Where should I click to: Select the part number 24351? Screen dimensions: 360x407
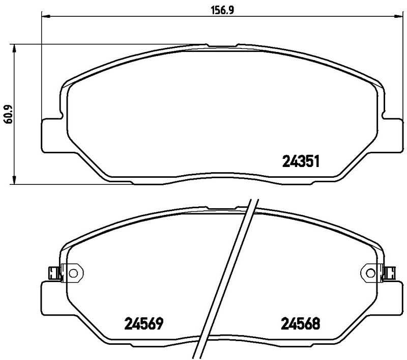pos(300,162)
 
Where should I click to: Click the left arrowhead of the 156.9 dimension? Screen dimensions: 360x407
pos(44,17)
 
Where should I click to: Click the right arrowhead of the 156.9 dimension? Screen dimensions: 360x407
pos(396,17)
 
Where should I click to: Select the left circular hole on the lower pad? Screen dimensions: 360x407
pos(74,273)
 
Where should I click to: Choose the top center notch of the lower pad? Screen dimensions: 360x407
pos(221,208)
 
